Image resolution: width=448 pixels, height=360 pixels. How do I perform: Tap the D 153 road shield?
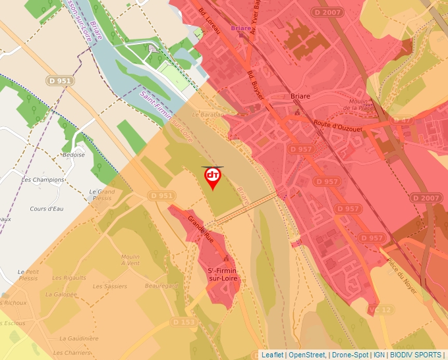[x=184, y=322]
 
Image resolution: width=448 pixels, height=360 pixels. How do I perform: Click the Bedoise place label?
[x=72, y=155]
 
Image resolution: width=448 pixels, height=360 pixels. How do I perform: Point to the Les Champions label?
[x=43, y=179]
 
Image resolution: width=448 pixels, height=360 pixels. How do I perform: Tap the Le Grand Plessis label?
[x=101, y=195]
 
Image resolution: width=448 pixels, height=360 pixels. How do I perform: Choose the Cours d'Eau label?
[x=46, y=209]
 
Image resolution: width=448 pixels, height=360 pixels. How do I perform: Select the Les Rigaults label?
[x=69, y=278]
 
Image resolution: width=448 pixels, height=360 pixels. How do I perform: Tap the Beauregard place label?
[x=161, y=286]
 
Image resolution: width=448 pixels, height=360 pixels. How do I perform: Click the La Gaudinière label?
[x=78, y=338]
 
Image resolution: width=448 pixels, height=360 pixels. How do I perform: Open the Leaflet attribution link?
[x=272, y=355]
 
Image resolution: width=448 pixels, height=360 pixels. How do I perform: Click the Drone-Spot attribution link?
[x=350, y=355]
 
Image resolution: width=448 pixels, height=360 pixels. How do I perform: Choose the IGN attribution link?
[x=379, y=355]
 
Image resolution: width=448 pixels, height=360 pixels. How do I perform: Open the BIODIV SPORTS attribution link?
[x=416, y=355]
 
